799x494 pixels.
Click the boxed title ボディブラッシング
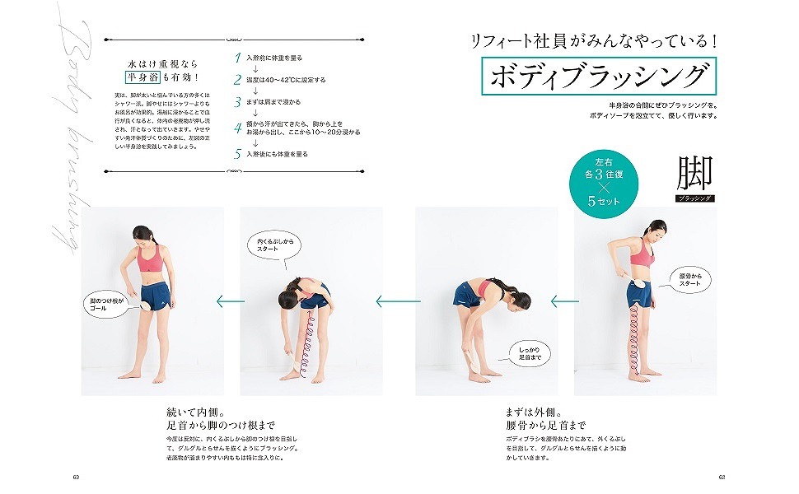click(x=598, y=77)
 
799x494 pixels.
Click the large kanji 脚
click(x=694, y=173)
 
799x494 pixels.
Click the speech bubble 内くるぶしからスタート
click(x=274, y=245)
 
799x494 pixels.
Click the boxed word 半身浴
click(x=142, y=78)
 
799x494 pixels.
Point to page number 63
click(x=76, y=476)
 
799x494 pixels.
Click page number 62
click(x=722, y=476)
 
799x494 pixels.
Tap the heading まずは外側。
click(x=533, y=412)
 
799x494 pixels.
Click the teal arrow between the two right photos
click(x=565, y=301)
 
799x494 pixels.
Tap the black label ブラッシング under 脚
click(x=694, y=198)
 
